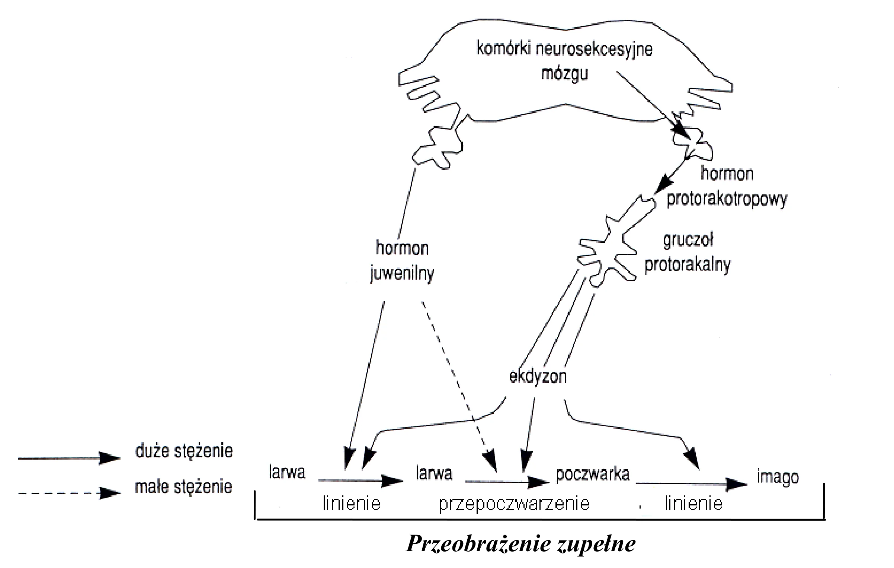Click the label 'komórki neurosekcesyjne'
coord(564,49)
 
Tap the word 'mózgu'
coord(564,74)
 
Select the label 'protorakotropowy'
coord(727,200)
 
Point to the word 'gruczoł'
coord(688,240)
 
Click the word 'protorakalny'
coord(688,265)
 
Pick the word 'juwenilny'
coord(402,274)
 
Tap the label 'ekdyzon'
coord(538,377)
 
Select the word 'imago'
coord(778,477)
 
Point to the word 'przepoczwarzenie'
coord(514,504)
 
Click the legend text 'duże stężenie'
coord(184,451)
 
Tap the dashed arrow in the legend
coord(70,494)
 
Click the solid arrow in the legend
coord(70,458)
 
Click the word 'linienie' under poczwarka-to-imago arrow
coord(693,504)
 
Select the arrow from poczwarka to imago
coord(692,484)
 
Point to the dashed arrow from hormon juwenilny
coord(459,387)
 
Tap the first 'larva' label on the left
coord(287,472)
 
